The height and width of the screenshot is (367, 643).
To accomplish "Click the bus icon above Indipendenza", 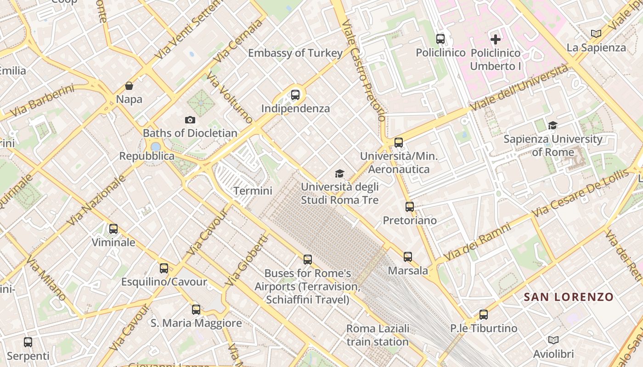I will click(x=295, y=95).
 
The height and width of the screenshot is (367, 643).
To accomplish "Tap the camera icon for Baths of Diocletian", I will click(x=190, y=120).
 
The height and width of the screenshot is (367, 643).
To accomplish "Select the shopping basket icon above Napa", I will click(x=129, y=86).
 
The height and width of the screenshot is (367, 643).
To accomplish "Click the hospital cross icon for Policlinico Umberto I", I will click(x=496, y=39).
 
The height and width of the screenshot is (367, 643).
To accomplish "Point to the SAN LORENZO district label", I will click(x=569, y=297).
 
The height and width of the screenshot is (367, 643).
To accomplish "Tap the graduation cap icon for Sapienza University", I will click(x=553, y=125).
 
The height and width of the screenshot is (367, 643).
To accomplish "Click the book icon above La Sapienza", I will click(x=596, y=33).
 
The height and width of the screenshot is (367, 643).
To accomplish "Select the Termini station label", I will click(x=253, y=191).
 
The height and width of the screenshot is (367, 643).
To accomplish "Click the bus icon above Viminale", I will click(x=113, y=228).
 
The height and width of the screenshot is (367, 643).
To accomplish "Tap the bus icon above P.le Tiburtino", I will click(x=484, y=315).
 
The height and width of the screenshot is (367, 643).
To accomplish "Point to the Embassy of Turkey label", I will click(x=295, y=53).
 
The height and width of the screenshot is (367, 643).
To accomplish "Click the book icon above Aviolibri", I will click(x=553, y=340).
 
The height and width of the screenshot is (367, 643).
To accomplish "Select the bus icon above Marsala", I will click(x=408, y=257).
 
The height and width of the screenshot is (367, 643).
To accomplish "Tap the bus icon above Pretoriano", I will click(x=410, y=207).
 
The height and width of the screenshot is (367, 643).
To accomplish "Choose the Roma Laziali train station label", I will click(x=378, y=335).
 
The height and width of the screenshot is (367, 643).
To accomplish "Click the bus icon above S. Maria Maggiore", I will click(x=196, y=310).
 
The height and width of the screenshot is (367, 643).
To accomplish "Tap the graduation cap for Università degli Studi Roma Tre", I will click(x=339, y=173).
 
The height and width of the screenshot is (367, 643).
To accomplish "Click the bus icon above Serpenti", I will click(x=28, y=342).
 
